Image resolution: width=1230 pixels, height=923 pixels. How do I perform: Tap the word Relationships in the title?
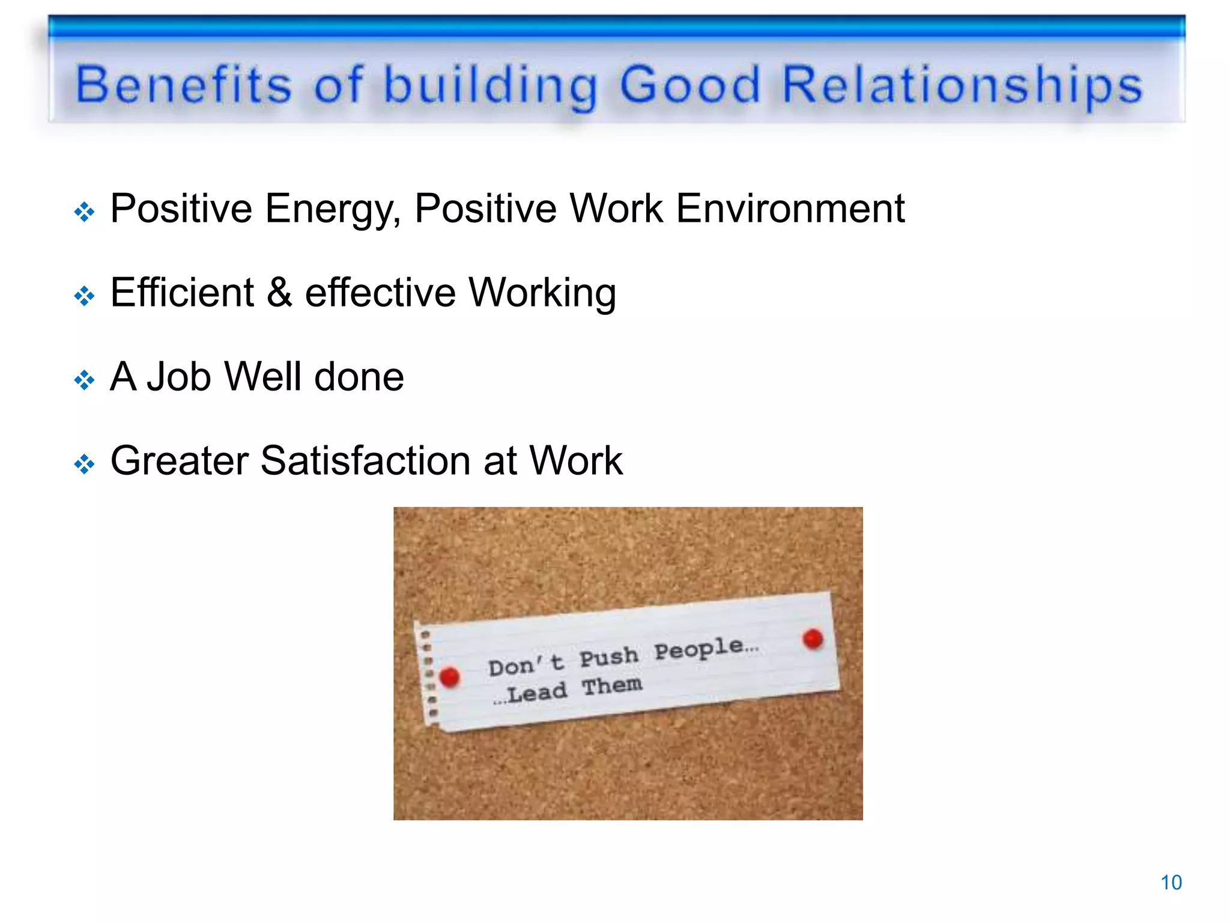962,85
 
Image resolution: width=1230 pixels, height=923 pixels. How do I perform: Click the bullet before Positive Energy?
85,212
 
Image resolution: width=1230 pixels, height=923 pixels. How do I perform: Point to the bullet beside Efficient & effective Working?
85,296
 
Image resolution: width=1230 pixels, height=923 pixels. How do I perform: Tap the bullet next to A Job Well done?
85,380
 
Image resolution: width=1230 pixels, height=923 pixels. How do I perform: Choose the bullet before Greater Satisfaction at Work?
85,464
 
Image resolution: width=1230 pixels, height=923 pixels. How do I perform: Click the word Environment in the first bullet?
790,209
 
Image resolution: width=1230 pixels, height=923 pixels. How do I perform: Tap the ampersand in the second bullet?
279,293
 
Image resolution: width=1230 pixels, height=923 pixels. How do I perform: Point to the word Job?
179,377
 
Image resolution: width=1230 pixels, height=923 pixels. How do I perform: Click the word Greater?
179,461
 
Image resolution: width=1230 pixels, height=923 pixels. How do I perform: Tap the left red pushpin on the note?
449,677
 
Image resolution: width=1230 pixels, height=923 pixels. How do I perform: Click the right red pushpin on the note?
813,639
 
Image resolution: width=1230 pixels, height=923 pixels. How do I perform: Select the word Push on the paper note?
608,657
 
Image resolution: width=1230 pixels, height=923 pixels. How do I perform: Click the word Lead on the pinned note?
536,693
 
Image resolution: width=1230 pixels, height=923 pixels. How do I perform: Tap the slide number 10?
1171,882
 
